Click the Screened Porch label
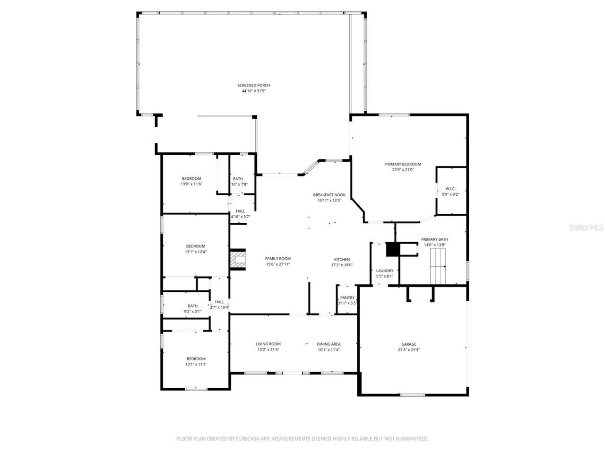tap(253, 85)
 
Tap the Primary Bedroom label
tap(403, 164)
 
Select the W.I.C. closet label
tap(450, 189)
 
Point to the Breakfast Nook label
tap(329, 195)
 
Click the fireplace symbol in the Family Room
tap(238, 260)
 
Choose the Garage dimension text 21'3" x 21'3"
tap(409, 350)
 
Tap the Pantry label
tap(347, 297)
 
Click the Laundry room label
tap(384, 271)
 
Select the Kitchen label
tap(342, 259)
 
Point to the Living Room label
tap(268, 344)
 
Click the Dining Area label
tap(328, 344)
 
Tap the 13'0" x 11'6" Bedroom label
tap(191, 178)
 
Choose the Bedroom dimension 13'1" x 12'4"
tap(196, 252)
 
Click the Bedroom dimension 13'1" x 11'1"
tap(196, 364)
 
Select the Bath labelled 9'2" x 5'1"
tap(192, 306)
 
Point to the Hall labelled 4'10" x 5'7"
tap(240, 211)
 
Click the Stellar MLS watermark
tap(586, 227)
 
